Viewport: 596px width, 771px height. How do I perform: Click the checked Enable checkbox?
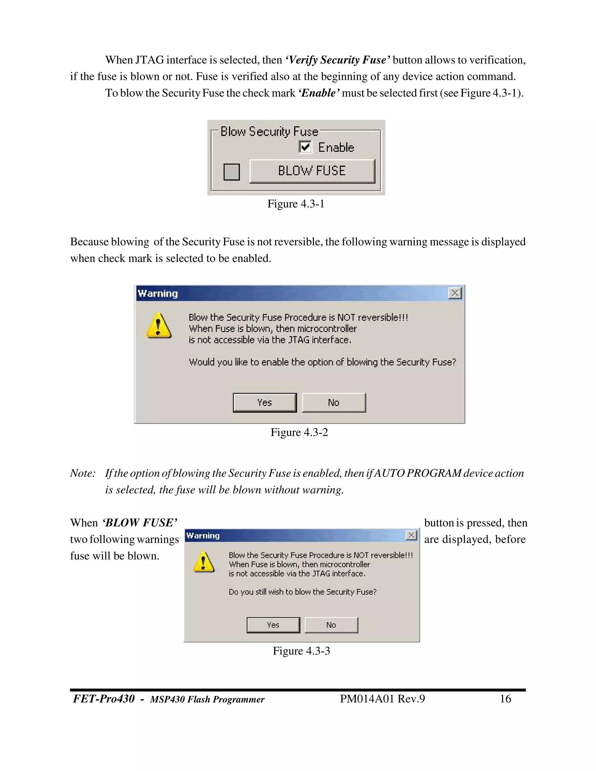[305, 147]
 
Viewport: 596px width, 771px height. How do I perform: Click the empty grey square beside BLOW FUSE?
[232, 172]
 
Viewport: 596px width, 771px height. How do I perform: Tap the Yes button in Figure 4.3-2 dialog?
[265, 402]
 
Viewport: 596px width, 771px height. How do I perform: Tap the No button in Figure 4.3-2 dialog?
[334, 402]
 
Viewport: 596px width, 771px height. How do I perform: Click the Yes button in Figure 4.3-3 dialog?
[273, 625]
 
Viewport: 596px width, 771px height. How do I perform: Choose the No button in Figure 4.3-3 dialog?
[331, 625]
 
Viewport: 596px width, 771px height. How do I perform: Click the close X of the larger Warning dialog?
[455, 293]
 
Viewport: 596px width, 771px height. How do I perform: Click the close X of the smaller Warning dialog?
[411, 536]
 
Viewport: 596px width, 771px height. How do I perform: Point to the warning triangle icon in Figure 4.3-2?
[159, 326]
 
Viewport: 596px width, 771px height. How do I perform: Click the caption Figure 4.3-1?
[296, 204]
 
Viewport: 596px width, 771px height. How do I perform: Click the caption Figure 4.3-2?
[299, 432]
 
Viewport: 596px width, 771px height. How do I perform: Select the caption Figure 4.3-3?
[301, 651]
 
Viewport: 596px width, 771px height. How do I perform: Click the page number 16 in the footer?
[505, 699]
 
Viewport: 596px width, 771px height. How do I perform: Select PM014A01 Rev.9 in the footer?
[382, 699]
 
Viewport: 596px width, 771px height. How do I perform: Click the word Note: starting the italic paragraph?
[83, 473]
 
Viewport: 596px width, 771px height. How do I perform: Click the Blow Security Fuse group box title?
[269, 132]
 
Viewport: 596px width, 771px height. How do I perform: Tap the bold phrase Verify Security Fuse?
[338, 60]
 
